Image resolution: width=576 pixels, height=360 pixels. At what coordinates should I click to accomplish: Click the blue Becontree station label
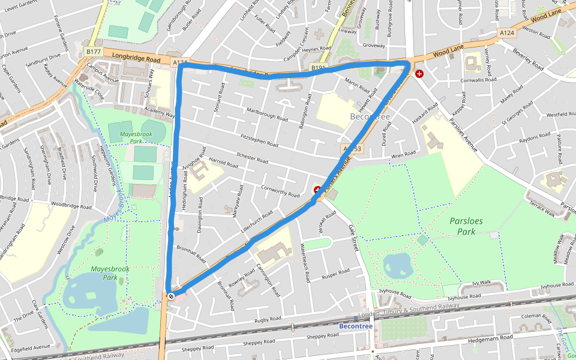(x=356, y=326)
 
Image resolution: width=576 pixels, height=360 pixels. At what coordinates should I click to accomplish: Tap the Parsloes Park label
(x=466, y=226)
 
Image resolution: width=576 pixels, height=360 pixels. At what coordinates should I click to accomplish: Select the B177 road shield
(x=93, y=52)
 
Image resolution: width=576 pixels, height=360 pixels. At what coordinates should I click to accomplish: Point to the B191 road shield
(x=317, y=68)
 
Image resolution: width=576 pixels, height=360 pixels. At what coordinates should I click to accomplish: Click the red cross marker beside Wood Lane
(x=419, y=73)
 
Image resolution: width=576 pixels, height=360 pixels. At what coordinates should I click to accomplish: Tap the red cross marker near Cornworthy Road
(x=317, y=190)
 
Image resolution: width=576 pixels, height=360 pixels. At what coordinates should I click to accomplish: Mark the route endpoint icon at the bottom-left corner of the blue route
(x=171, y=295)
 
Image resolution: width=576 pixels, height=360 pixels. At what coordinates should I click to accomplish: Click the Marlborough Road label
(x=271, y=113)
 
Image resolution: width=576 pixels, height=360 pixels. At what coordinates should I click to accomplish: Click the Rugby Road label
(x=267, y=320)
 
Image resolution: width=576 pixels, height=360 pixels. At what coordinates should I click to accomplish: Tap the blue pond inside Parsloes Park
(x=397, y=263)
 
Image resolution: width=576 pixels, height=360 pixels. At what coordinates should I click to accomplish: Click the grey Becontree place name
(x=370, y=116)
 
